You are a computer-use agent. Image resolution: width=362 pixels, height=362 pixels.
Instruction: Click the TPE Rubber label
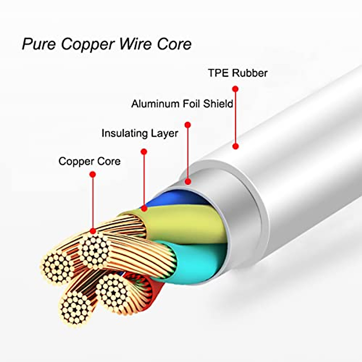click(238, 73)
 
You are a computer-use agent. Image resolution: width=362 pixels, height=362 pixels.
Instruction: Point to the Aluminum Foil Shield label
click(182, 104)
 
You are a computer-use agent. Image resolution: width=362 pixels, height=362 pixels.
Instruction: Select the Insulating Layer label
click(140, 133)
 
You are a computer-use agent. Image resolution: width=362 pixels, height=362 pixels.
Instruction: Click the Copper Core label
click(90, 161)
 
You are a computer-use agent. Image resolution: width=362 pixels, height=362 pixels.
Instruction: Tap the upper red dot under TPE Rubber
click(236, 89)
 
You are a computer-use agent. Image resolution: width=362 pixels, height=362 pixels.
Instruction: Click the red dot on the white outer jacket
click(236, 146)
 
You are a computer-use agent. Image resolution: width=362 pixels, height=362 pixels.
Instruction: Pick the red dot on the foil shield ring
click(188, 182)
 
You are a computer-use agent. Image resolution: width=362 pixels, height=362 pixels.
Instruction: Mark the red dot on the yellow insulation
click(144, 208)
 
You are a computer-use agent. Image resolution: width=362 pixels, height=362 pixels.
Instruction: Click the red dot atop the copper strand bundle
click(93, 231)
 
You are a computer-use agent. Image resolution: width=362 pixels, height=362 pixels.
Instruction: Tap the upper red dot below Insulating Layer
click(144, 151)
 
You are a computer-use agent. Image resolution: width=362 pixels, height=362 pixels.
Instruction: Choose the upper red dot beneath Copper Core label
click(93, 174)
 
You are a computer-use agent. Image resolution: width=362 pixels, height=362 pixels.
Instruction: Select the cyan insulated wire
click(199, 259)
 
